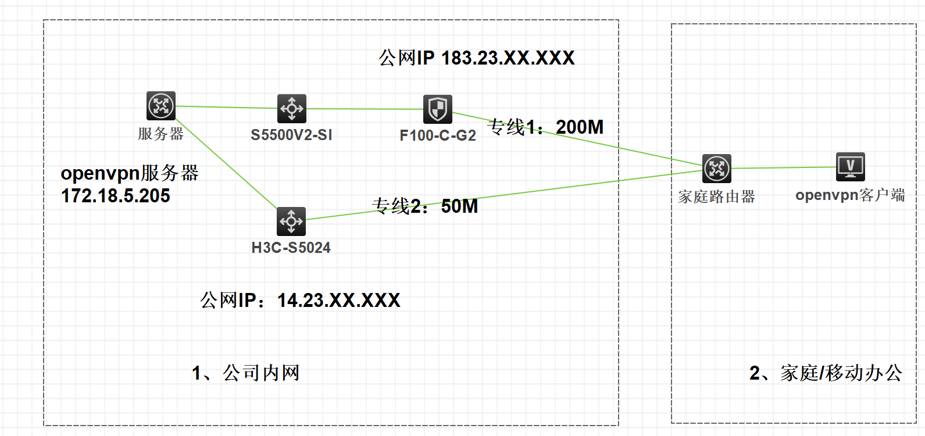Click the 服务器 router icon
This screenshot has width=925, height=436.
click(x=161, y=106)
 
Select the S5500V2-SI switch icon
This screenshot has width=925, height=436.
click(x=291, y=108)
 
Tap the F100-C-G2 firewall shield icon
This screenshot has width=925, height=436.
click(x=437, y=109)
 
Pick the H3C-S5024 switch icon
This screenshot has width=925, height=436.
click(x=291, y=221)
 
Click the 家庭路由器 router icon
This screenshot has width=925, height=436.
click(x=716, y=169)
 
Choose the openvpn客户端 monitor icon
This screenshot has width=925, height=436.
click(x=850, y=167)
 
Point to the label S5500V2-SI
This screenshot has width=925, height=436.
click(x=291, y=135)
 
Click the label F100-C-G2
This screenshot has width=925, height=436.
click(x=437, y=135)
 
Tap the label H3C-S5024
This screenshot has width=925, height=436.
click(x=291, y=248)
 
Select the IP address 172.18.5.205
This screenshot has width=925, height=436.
click(x=115, y=196)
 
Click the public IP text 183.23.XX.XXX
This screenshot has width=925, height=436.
click(x=508, y=58)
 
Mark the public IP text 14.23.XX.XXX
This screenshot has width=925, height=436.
click(x=338, y=300)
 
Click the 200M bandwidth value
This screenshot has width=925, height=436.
click(x=580, y=127)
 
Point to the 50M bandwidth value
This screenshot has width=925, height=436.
click(x=459, y=206)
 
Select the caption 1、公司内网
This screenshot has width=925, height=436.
click(x=245, y=373)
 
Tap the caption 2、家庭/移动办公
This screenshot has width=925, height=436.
click(x=826, y=373)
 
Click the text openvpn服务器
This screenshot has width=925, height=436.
click(x=130, y=173)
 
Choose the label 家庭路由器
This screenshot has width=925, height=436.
click(x=716, y=196)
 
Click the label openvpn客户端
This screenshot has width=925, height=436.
click(x=850, y=195)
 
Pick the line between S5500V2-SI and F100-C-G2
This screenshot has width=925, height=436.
click(x=365, y=109)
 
